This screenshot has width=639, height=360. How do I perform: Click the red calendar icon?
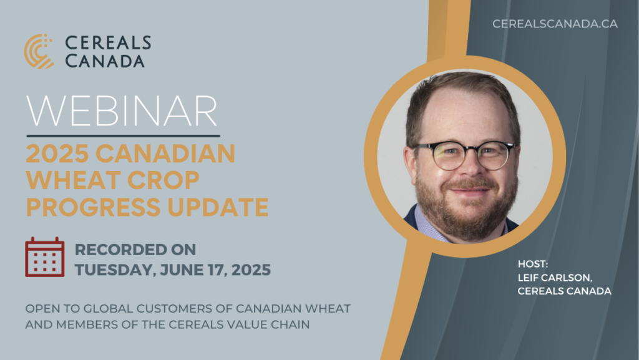pyautogui.click(x=45, y=257)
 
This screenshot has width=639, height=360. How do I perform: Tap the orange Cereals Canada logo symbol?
pyautogui.click(x=39, y=51)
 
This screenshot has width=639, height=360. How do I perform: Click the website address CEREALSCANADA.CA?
pyautogui.click(x=555, y=24)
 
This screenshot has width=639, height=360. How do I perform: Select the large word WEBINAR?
pyautogui.click(x=122, y=111)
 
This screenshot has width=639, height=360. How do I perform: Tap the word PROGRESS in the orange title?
pyautogui.click(x=94, y=207)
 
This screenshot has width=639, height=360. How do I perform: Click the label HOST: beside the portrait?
pyautogui.click(x=533, y=264)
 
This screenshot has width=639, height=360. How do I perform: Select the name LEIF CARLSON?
pyautogui.click(x=555, y=278)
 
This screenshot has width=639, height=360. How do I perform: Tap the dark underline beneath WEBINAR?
pyautogui.click(x=123, y=135)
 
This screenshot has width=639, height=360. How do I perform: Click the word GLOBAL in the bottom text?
pyautogui.click(x=109, y=309)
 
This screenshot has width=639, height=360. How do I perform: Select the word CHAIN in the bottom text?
pyautogui.click(x=291, y=324)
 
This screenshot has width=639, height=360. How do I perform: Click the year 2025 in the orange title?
pyautogui.click(x=57, y=153)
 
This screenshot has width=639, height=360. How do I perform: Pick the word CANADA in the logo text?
pyautogui.click(x=105, y=61)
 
